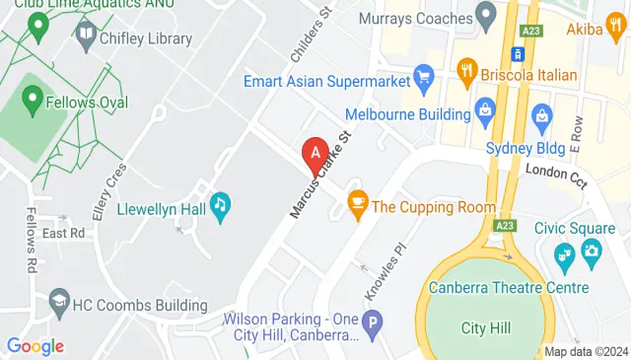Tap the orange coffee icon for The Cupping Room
pyautogui.click(x=357, y=205)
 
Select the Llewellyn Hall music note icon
pyautogui.click(x=222, y=203)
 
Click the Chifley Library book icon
pyautogui.click(x=84, y=36)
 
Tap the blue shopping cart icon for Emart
pyautogui.click(x=425, y=75)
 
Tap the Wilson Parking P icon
pyautogui.click(x=372, y=321)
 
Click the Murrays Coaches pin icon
pyautogui.click(x=484, y=15)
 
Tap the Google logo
pyautogui.click(x=35, y=345)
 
